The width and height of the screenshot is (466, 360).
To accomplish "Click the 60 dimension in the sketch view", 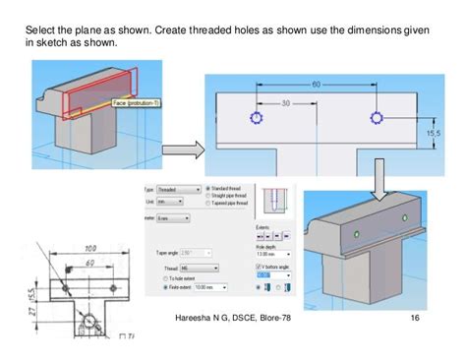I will (317, 85).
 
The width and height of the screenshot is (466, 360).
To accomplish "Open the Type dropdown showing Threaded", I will (181, 188).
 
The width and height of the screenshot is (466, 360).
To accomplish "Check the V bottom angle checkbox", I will (259, 267).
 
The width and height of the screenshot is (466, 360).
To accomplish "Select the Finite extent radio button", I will (164, 289).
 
